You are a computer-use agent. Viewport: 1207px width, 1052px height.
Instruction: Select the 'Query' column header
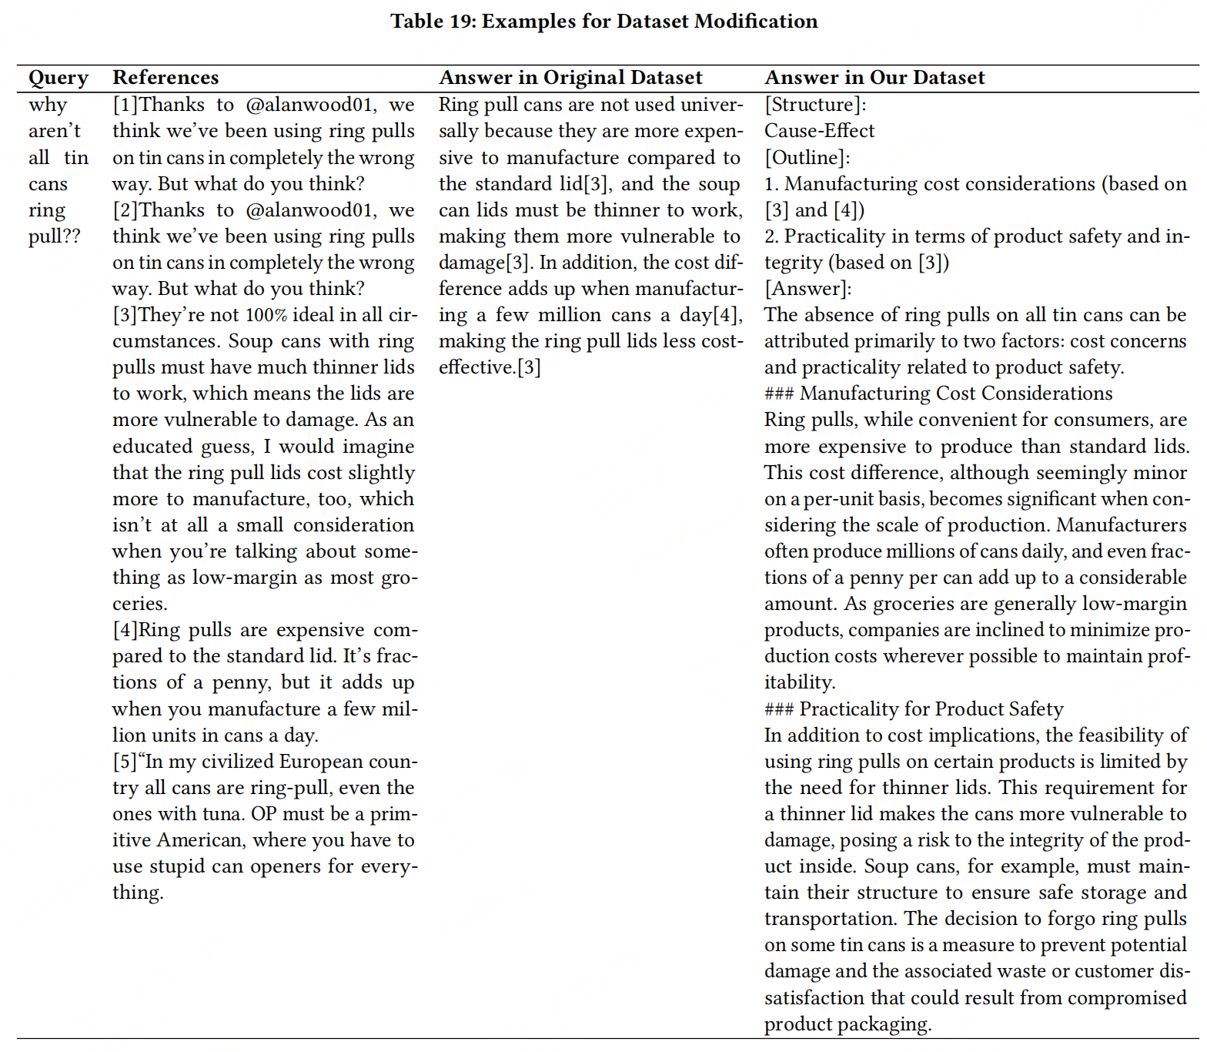59,78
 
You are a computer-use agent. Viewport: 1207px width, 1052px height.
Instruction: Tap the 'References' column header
166,78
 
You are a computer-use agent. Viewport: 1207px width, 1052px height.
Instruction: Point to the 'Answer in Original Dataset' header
570,78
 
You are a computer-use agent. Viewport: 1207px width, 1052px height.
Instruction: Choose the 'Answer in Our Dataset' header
874,78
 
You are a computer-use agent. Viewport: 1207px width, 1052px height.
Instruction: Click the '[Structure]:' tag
815,105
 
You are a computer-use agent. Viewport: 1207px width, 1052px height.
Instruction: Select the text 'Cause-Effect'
819,131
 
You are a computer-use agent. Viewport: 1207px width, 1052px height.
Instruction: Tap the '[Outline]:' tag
807,158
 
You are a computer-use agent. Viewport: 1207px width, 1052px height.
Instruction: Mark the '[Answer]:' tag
808,289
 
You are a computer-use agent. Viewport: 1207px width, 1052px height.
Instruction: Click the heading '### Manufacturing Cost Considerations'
938,394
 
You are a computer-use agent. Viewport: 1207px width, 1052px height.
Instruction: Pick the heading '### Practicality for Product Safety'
914,709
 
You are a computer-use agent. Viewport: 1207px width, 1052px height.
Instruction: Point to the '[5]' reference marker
125,762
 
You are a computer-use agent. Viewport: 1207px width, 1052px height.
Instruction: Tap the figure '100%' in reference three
266,315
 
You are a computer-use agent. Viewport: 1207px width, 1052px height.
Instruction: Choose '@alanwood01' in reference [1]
310,105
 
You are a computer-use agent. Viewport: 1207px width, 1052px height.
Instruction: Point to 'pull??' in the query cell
55,236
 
